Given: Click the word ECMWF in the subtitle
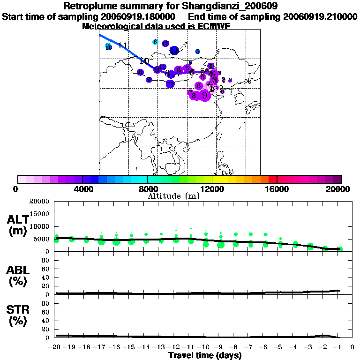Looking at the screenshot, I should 213,26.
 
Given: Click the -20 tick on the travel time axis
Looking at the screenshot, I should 55,347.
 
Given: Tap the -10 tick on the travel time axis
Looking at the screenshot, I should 205,347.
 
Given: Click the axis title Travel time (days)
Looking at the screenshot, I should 205,355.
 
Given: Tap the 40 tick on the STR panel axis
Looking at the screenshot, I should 45,321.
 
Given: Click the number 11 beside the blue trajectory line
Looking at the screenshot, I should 123,45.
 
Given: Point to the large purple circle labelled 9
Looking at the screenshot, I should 204,95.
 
